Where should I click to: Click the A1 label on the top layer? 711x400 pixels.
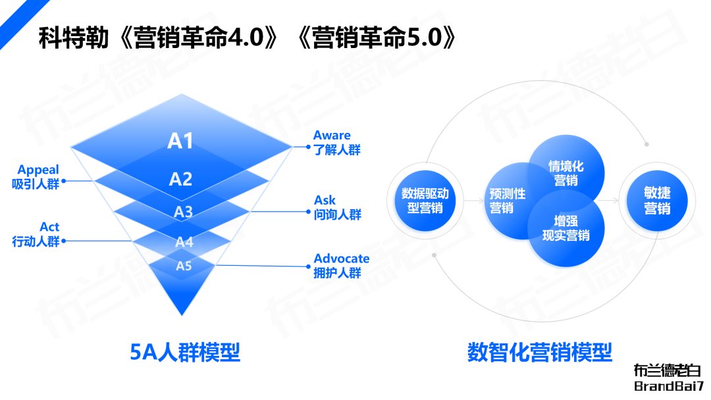180,141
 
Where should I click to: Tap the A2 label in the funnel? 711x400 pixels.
180,180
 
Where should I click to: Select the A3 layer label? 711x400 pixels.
183,212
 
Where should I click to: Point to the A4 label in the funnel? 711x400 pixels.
184,242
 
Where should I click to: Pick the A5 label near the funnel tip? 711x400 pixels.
184,266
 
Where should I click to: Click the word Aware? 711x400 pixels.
332,135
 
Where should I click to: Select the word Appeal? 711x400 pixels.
38,170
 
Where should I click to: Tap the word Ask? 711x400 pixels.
325,200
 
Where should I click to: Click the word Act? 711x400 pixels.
49,226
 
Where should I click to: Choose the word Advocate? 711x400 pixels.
342,258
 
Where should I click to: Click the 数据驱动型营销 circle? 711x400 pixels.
425,201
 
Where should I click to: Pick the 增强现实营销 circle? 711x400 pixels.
566,228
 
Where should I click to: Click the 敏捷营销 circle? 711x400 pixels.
657,201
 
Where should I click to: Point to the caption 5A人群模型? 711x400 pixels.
184,352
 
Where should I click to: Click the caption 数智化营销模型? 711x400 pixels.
540,352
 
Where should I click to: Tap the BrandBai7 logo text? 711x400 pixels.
668,386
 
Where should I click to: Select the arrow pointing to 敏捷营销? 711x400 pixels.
608,200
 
